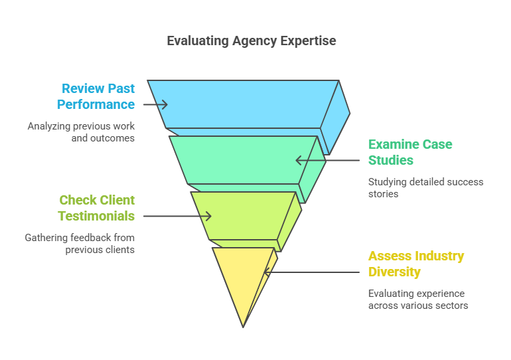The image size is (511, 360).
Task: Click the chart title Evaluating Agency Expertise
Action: [x=251, y=41]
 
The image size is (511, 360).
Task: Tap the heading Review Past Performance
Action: [x=96, y=96]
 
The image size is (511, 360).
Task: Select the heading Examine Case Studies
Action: [x=410, y=152]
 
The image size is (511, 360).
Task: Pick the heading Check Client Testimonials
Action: [x=96, y=208]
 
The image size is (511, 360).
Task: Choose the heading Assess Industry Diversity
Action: [x=416, y=264]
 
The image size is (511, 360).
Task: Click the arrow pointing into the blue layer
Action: [x=155, y=104]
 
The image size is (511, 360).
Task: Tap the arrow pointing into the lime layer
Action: [x=177, y=216]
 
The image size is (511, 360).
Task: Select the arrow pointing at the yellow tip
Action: [x=312, y=272]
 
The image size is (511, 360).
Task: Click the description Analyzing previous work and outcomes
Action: [x=81, y=132]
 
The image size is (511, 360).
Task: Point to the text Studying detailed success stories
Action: [x=425, y=188]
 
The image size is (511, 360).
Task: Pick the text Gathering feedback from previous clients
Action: [x=80, y=244]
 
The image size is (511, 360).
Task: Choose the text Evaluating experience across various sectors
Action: [x=418, y=300]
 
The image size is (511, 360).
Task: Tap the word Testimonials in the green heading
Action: [x=96, y=216]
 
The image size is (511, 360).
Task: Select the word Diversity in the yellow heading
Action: [x=394, y=272]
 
